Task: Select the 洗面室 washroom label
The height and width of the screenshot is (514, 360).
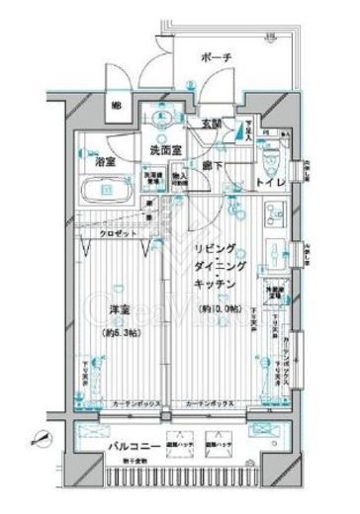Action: coord(165,150)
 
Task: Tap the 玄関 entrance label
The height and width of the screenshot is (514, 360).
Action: coord(211,125)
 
